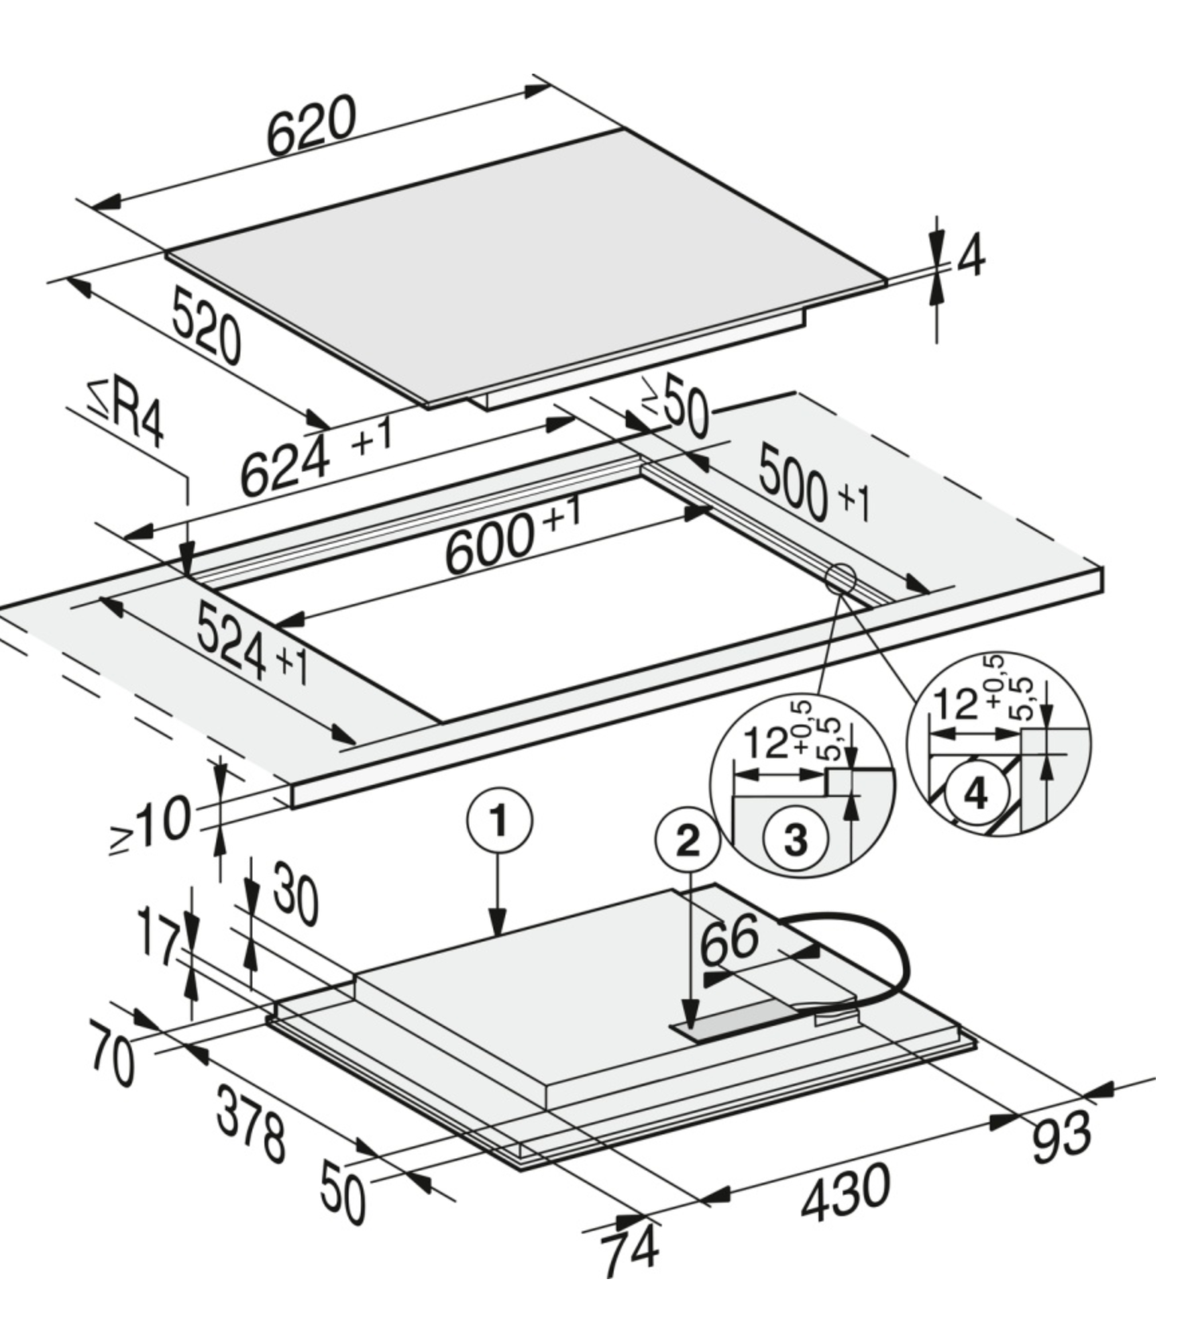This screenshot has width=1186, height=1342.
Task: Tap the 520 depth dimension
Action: coord(205,325)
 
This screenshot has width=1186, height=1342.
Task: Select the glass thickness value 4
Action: coord(970,256)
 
